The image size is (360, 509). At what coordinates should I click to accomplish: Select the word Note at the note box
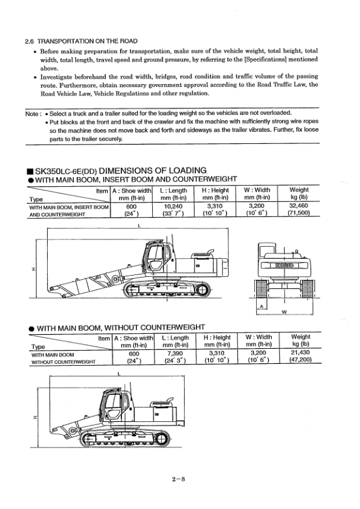[31, 114]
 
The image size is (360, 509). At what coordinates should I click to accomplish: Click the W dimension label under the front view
[283, 313]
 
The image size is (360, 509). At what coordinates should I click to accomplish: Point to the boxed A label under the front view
[262, 307]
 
